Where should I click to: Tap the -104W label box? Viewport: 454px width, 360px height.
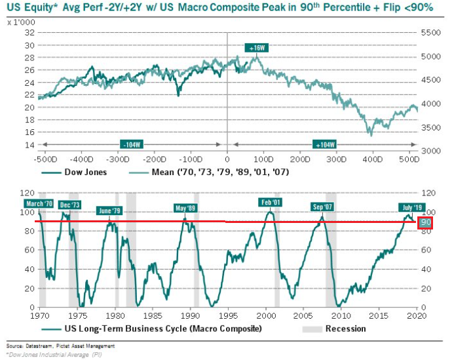point(128,145)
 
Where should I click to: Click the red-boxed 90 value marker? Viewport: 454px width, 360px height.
point(426,223)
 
